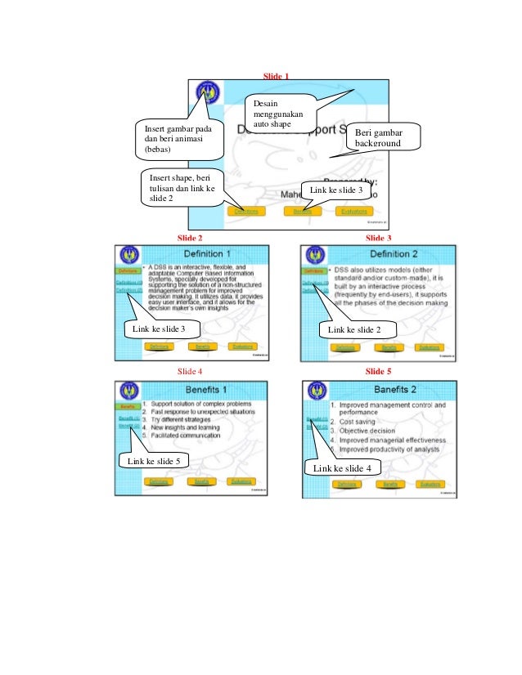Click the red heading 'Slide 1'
(x=276, y=75)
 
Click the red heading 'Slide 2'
(x=190, y=237)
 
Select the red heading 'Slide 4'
(x=190, y=370)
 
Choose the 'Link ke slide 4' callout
(x=342, y=468)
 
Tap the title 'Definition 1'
(x=205, y=254)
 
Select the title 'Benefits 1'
(x=205, y=388)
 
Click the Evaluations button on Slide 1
(x=354, y=211)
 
